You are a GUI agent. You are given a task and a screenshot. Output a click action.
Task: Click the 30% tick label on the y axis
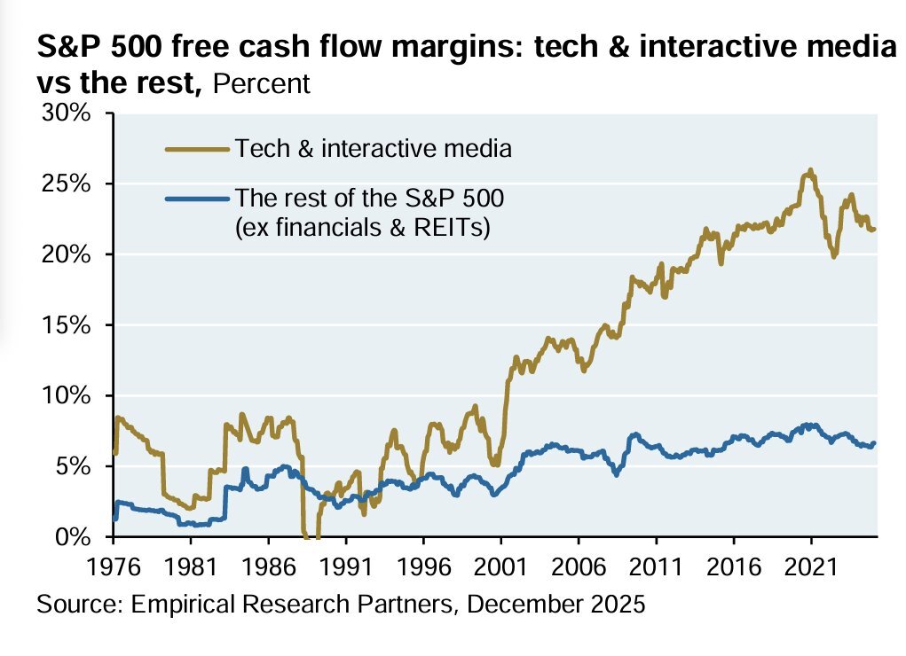67,114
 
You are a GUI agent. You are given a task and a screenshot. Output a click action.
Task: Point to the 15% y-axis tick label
67,325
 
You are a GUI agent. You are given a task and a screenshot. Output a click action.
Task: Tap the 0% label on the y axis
75,537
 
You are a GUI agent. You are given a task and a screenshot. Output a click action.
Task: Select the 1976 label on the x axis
114,566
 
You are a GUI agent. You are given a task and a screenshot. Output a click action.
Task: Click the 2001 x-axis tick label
501,566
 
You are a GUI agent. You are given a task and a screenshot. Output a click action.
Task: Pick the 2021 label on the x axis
811,566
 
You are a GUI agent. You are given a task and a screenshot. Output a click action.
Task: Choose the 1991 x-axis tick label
346,566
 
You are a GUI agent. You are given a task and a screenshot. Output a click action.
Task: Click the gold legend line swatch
196,149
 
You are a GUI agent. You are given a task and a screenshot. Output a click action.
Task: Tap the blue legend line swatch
196,197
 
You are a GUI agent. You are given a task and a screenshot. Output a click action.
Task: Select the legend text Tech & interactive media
373,149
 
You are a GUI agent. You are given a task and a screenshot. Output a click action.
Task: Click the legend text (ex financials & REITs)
364,228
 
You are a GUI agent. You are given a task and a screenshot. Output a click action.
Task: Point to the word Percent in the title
263,84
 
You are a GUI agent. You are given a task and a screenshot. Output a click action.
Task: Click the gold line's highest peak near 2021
809,169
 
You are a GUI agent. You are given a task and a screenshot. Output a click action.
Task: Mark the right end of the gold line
875,230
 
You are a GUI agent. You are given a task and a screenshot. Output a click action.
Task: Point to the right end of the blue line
875,443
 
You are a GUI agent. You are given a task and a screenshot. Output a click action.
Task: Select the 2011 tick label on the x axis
656,566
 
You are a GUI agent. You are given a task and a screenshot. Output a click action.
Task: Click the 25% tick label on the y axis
67,184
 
